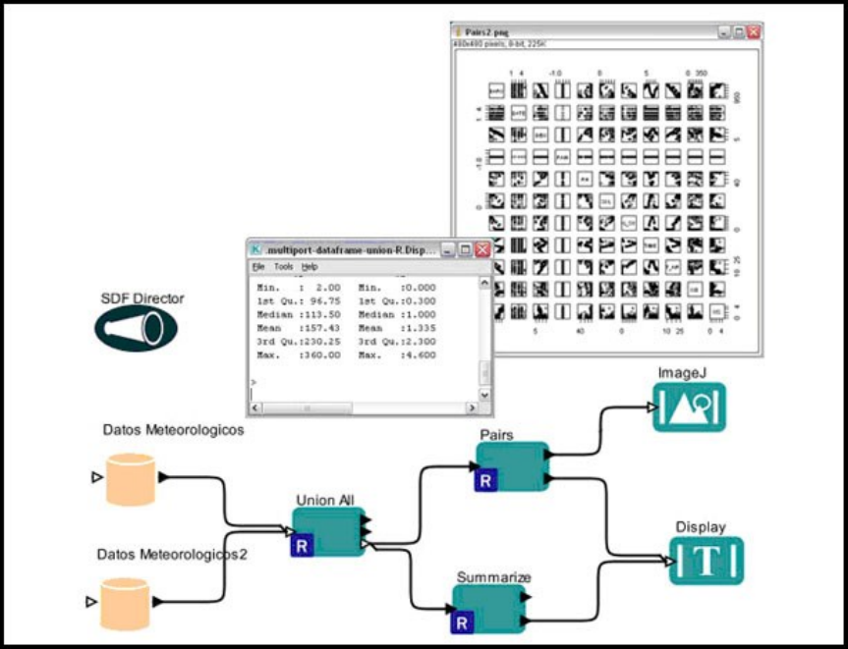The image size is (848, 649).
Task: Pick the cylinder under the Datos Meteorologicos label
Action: tap(130, 478)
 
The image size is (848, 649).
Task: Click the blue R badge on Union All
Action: tap(303, 545)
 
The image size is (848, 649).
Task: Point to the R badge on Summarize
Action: tap(463, 622)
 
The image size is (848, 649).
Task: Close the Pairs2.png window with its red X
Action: tap(754, 32)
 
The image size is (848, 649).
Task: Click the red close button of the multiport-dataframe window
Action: tap(482, 250)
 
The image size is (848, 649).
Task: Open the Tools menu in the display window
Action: tap(283, 267)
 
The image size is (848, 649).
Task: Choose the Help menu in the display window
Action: tap(310, 267)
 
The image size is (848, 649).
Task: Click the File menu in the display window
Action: tap(258, 267)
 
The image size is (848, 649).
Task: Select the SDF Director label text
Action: tap(142, 297)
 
